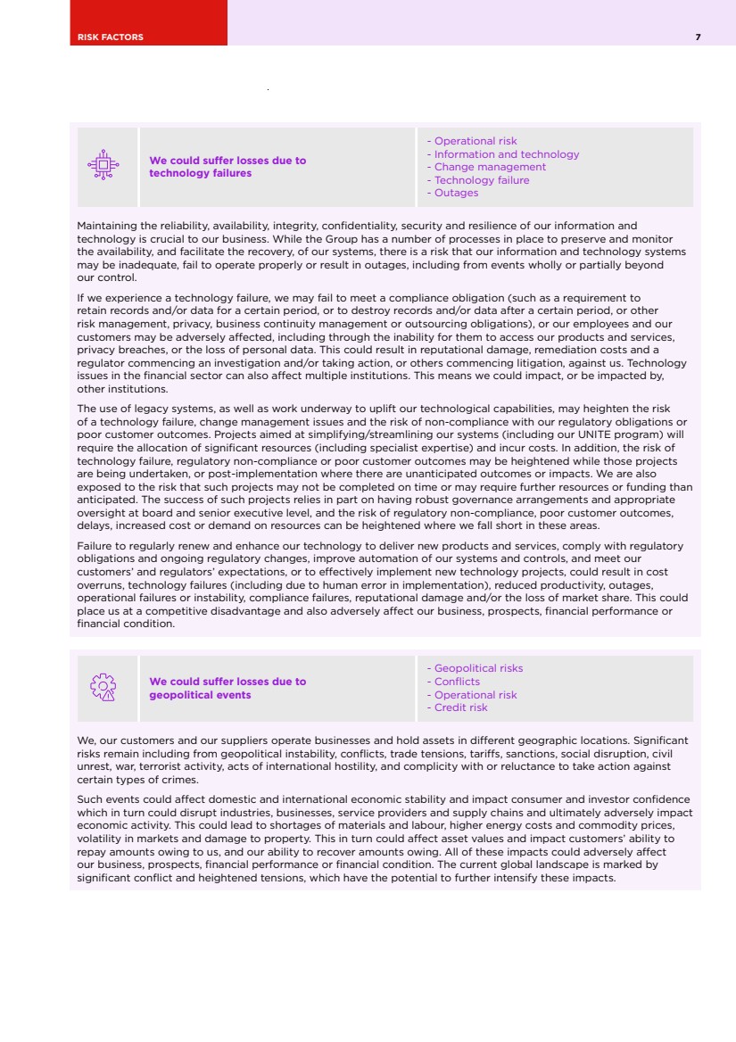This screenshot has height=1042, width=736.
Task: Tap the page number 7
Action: click(698, 37)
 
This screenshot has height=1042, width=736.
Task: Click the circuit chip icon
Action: click(104, 165)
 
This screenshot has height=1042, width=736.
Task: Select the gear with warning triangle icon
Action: click(103, 687)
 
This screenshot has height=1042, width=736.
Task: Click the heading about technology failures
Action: click(227, 167)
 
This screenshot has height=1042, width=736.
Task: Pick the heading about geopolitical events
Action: click(227, 688)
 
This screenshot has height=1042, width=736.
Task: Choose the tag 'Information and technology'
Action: click(506, 154)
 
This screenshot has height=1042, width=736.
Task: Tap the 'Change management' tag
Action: click(490, 167)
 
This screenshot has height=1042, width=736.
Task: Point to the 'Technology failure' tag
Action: click(482, 180)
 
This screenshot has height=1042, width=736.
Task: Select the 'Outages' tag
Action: click(456, 193)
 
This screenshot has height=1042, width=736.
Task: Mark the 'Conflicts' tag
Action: click(457, 682)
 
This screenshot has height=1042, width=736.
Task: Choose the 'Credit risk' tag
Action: click(460, 707)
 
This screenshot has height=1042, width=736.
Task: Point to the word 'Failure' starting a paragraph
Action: click(95, 546)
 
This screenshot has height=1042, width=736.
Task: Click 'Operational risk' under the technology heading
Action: click(476, 141)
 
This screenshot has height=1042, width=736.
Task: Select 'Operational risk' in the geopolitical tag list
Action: click(476, 695)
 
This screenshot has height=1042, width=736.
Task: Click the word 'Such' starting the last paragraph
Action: click(90, 799)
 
